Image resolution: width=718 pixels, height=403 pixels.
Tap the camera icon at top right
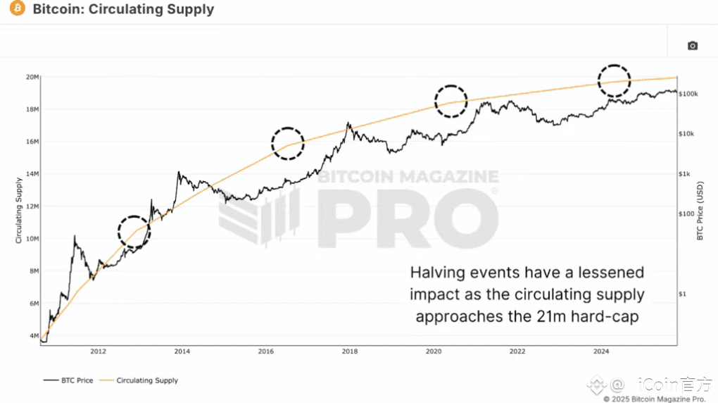(x=693, y=46)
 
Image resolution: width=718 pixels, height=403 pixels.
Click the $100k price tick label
(x=687, y=94)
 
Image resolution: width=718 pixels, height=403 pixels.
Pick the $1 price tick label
(x=681, y=294)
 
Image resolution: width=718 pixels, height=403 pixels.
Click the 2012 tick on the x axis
(x=98, y=351)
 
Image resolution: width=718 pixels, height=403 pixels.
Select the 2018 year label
(x=350, y=351)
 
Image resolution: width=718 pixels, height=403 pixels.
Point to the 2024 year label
(x=601, y=351)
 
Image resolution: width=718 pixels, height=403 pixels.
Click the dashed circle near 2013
(x=134, y=230)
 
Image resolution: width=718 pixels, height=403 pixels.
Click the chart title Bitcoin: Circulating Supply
(x=123, y=10)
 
